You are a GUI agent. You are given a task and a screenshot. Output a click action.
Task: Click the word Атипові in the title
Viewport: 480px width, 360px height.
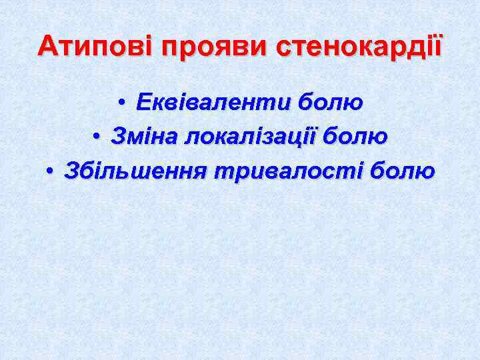pyautogui.click(x=94, y=47)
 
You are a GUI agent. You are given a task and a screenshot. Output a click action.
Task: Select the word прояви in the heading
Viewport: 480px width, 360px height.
pyautogui.click(x=213, y=47)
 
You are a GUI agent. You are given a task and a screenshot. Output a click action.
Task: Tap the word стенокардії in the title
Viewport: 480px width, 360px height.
pyautogui.click(x=358, y=47)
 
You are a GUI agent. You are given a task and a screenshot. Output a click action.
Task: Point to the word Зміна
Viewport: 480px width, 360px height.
pyautogui.click(x=143, y=137)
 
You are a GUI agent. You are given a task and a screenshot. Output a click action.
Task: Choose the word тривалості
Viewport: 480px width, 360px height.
pyautogui.click(x=289, y=171)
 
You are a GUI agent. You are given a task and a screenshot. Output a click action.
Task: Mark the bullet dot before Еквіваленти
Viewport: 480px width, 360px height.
pyautogui.click(x=122, y=103)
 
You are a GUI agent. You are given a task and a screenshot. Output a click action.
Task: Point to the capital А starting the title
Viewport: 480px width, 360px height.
pyautogui.click(x=47, y=47)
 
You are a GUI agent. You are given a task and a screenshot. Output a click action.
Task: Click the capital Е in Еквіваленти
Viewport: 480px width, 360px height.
pyautogui.click(x=143, y=103)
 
